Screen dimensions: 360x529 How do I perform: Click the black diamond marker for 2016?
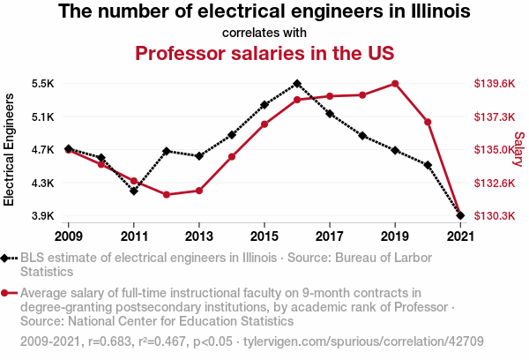coord(297,84)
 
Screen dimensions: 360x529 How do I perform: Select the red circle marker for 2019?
coord(395,84)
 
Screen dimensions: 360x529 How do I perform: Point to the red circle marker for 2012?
coord(167,194)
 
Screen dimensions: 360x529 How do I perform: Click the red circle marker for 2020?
coord(428,122)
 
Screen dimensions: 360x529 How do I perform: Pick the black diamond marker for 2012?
coord(167,151)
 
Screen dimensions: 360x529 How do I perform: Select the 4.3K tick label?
coord(42,183)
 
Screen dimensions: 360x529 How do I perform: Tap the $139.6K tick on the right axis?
coord(494,84)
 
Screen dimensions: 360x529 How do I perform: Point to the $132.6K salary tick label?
coord(494,183)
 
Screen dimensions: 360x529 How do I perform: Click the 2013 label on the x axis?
coord(199,236)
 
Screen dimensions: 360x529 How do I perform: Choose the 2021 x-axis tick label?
coord(460,236)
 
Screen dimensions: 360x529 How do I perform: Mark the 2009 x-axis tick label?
coord(69,236)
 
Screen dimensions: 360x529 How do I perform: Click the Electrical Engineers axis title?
coord(10,150)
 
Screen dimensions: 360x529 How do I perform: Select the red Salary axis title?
coord(518,150)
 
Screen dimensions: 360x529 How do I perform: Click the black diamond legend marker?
coord(8,258)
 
